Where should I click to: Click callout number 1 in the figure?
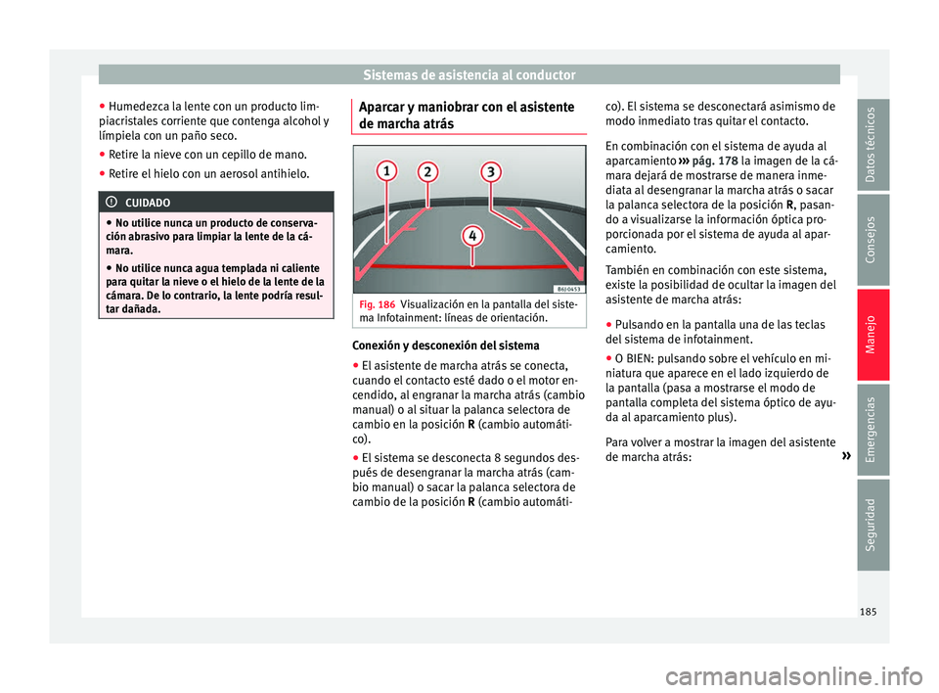tap(387, 170)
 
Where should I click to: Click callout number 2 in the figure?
tap(428, 172)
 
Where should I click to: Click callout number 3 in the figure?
tap(490, 171)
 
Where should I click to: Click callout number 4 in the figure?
tap(472, 236)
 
